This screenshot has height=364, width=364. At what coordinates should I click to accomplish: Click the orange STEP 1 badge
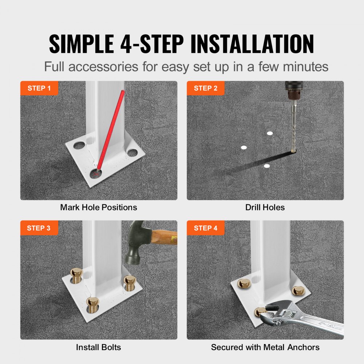pos(39,88)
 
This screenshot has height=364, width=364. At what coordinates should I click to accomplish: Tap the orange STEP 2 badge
pos(206,88)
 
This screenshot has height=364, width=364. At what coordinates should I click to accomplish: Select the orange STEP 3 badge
pos(39,228)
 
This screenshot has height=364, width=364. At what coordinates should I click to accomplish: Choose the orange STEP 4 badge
pos(206,228)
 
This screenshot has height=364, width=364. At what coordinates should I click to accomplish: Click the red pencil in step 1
pos(111,127)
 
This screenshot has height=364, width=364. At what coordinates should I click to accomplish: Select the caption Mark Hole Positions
pos(99,207)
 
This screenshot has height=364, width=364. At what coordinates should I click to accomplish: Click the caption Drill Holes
pos(265,207)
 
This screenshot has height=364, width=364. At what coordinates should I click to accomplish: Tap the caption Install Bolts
pos(98,347)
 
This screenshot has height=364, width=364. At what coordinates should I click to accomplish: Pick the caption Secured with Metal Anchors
pos(265,347)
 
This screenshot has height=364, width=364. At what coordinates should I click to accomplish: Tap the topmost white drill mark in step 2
pos(270,133)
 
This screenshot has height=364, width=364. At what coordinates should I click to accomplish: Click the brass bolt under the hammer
pos(130,281)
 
